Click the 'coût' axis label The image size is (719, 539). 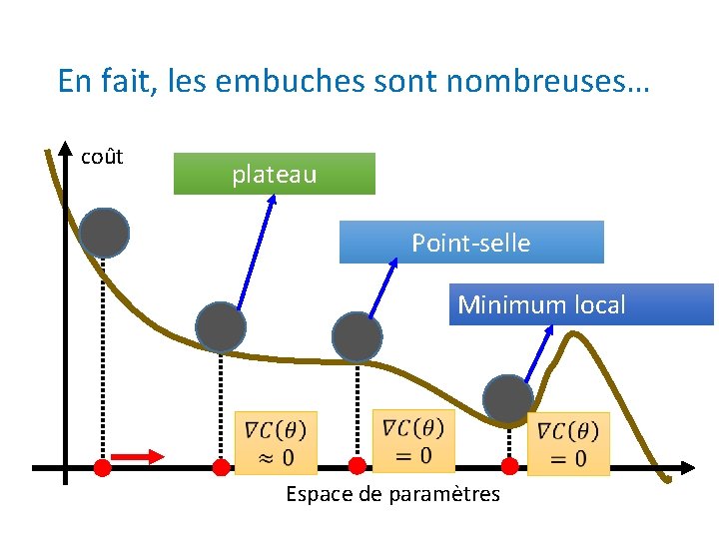tap(102, 157)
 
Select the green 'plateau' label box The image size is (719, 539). tap(275, 174)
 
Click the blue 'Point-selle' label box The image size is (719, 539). tap(471, 243)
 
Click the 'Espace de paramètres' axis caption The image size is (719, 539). tap(392, 494)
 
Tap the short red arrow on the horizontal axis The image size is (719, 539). tap(138, 456)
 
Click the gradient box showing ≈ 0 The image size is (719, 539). tap(275, 442)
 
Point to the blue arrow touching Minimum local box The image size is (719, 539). tap(540, 353)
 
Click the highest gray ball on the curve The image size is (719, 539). tap(105, 233)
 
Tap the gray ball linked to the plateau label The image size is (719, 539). tap(220, 326)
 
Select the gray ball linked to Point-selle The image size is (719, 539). tap(357, 336)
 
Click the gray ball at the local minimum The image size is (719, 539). tap(508, 399)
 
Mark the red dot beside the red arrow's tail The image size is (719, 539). tap(102, 467)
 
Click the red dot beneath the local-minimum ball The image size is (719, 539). tap(509, 466)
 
